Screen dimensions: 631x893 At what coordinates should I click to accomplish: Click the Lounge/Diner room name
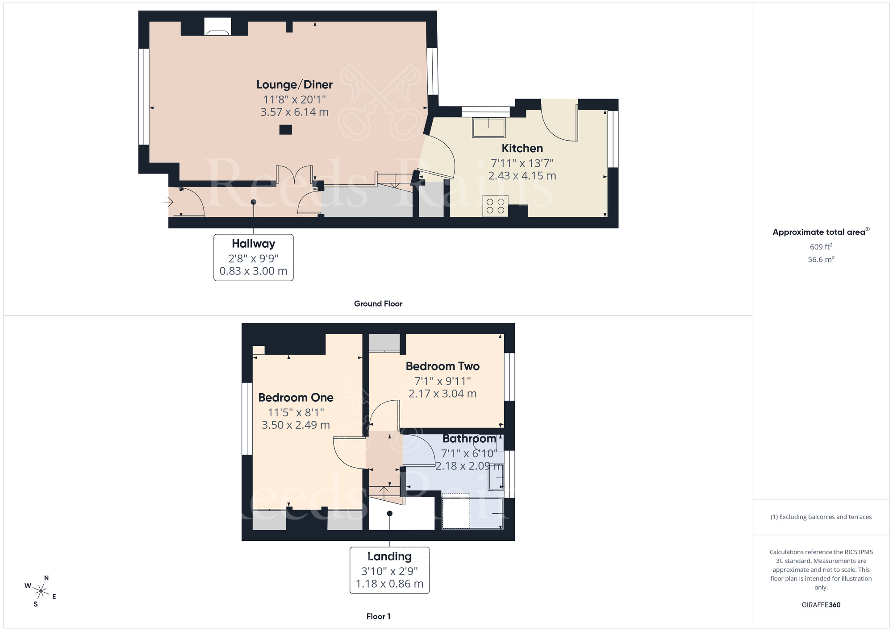[294, 84]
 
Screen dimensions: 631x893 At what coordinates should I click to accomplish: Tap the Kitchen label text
[522, 148]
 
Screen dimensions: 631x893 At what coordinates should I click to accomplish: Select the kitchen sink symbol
[488, 127]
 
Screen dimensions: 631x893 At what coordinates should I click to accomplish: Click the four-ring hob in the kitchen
[495, 206]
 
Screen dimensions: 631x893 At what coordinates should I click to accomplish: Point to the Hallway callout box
[253, 257]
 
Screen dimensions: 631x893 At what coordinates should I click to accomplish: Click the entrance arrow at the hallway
[168, 203]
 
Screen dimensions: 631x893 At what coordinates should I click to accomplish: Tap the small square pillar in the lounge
[285, 130]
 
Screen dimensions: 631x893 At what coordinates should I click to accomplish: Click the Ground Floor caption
[378, 303]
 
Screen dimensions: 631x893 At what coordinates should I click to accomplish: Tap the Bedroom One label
[296, 397]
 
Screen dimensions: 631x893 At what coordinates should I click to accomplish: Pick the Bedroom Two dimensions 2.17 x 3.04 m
[442, 394]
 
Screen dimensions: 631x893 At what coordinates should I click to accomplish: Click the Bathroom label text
[469, 439]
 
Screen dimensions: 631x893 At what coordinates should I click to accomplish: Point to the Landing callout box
[389, 570]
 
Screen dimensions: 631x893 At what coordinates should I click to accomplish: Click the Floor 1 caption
[378, 616]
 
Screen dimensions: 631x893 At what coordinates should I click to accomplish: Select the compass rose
[41, 592]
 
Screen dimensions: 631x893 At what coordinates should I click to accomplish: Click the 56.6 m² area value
[821, 259]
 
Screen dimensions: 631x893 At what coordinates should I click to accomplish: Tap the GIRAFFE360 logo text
[821, 605]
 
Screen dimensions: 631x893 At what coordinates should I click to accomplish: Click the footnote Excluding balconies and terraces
[821, 517]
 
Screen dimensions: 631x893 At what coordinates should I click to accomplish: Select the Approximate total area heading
[820, 232]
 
